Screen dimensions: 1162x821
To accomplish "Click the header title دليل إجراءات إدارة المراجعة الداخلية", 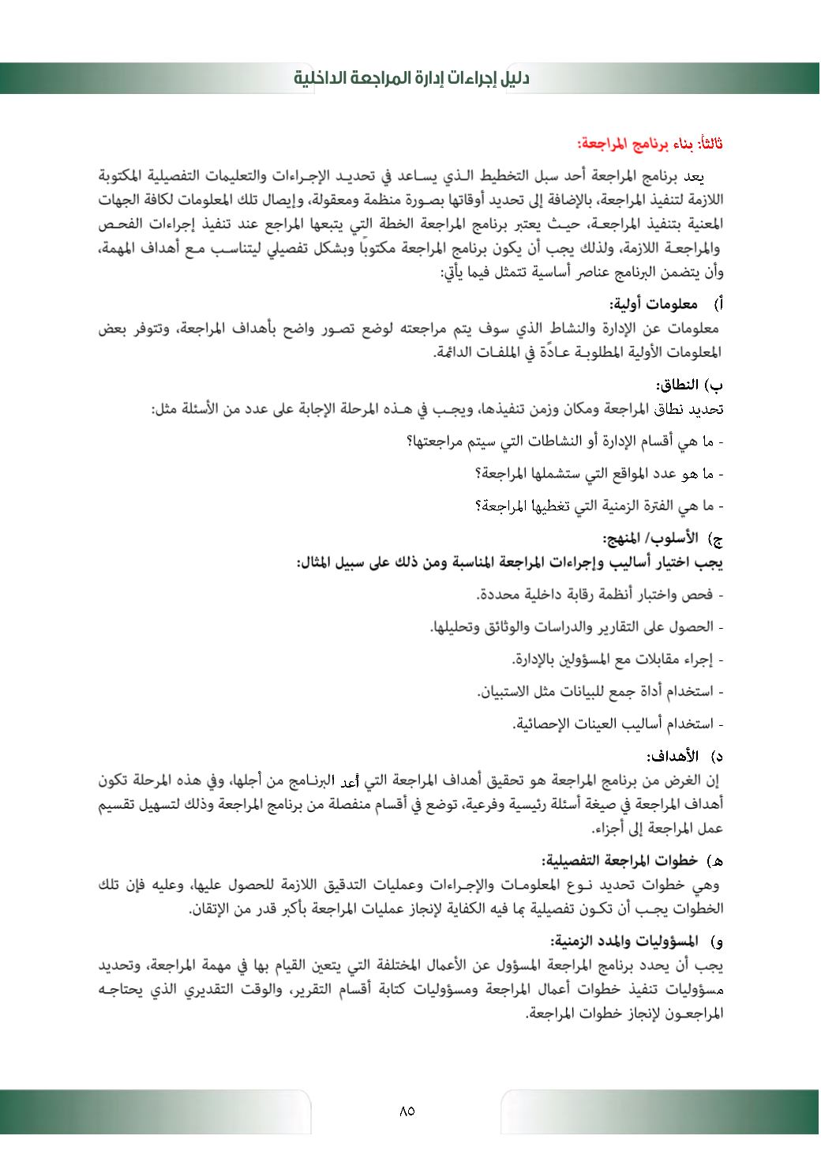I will [410, 78].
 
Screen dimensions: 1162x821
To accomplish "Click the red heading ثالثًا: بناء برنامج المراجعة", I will [650, 144].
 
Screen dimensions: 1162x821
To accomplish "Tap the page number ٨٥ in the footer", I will [407, 1111].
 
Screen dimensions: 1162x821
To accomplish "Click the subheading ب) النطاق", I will [688, 385].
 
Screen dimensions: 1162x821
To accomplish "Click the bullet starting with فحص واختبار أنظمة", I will [600, 594].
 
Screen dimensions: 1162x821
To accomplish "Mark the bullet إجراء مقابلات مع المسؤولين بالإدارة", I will [617, 659].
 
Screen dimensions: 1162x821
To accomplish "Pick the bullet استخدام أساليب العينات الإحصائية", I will [617, 724].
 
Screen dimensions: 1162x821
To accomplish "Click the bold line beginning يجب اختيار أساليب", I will [510, 562].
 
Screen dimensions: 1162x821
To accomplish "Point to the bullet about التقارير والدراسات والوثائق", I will [576, 626].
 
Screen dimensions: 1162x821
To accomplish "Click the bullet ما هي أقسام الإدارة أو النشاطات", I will [564, 441].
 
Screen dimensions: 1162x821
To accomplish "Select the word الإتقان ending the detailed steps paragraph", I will [213, 908].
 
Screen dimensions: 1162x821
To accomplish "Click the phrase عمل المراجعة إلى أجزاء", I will [657, 828].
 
